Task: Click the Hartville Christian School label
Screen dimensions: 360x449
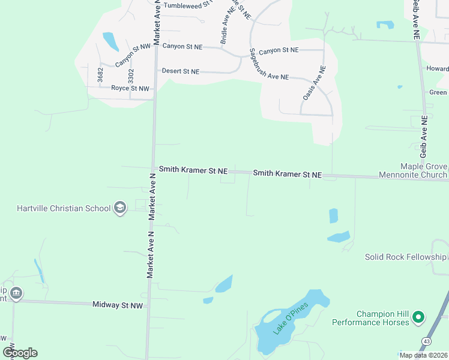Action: point(64,208)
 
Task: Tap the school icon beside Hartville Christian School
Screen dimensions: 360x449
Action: point(119,208)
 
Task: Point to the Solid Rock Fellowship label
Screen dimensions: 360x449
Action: point(406,257)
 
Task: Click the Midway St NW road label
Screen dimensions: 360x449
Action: point(118,305)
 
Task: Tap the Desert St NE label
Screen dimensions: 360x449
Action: point(180,71)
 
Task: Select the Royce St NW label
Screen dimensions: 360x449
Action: point(130,88)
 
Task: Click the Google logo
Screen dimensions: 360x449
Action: point(20,353)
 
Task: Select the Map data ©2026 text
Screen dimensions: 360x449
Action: point(423,355)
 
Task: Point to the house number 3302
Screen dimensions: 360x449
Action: point(131,76)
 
